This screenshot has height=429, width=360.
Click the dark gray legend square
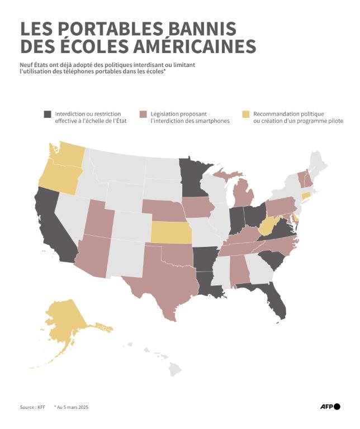48,114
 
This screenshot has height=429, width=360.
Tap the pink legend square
143,114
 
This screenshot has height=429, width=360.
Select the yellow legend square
245,114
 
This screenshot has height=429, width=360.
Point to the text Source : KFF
32,407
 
